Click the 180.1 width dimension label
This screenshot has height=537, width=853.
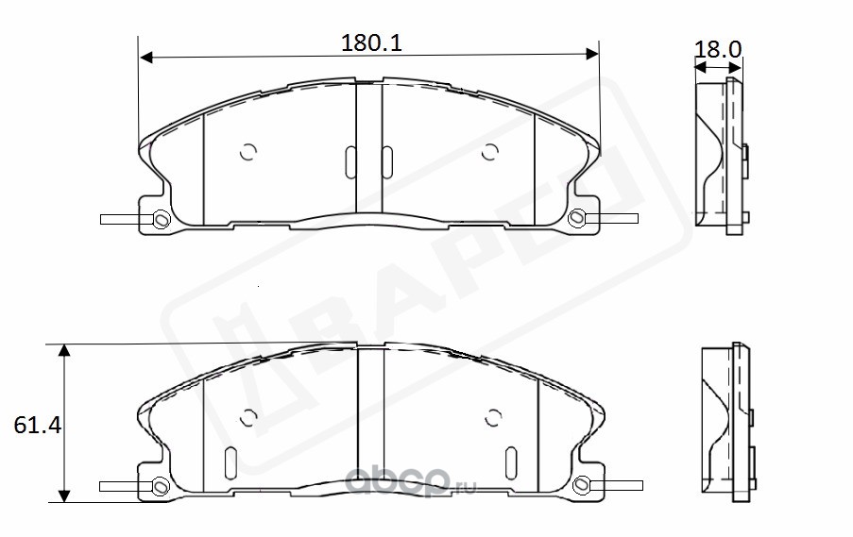(371, 42)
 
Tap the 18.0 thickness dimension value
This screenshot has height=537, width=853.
(718, 49)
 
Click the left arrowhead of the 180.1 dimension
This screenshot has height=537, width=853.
(145, 57)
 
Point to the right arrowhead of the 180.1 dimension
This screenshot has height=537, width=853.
(592, 53)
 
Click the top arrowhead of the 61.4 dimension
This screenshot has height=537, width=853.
(64, 350)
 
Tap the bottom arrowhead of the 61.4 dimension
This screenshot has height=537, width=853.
(64, 495)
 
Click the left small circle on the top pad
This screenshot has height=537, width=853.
(248, 152)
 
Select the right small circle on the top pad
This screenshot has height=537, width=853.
(490, 152)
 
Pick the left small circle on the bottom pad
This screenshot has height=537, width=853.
(248, 417)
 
